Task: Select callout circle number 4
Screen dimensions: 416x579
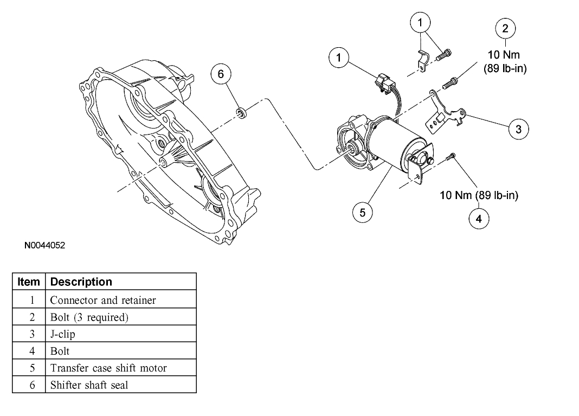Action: [x=479, y=219]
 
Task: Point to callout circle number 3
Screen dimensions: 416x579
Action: [x=519, y=129]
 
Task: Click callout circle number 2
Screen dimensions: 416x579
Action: [x=505, y=29]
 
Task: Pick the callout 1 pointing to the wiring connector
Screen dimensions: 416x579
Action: [x=339, y=57]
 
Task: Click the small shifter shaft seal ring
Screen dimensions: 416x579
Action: [x=241, y=113]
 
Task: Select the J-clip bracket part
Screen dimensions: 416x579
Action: [x=446, y=114]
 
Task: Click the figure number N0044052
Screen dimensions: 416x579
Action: [x=44, y=246]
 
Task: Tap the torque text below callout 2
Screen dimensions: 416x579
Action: [x=505, y=61]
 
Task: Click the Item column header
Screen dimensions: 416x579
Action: [x=29, y=281]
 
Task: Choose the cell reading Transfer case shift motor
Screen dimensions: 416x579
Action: [x=108, y=368]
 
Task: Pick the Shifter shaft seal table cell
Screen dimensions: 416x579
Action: [x=89, y=385]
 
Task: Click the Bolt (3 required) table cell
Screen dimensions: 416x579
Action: [x=89, y=317]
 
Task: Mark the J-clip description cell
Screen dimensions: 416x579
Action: [x=63, y=334]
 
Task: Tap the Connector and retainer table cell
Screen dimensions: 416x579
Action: [x=103, y=300]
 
